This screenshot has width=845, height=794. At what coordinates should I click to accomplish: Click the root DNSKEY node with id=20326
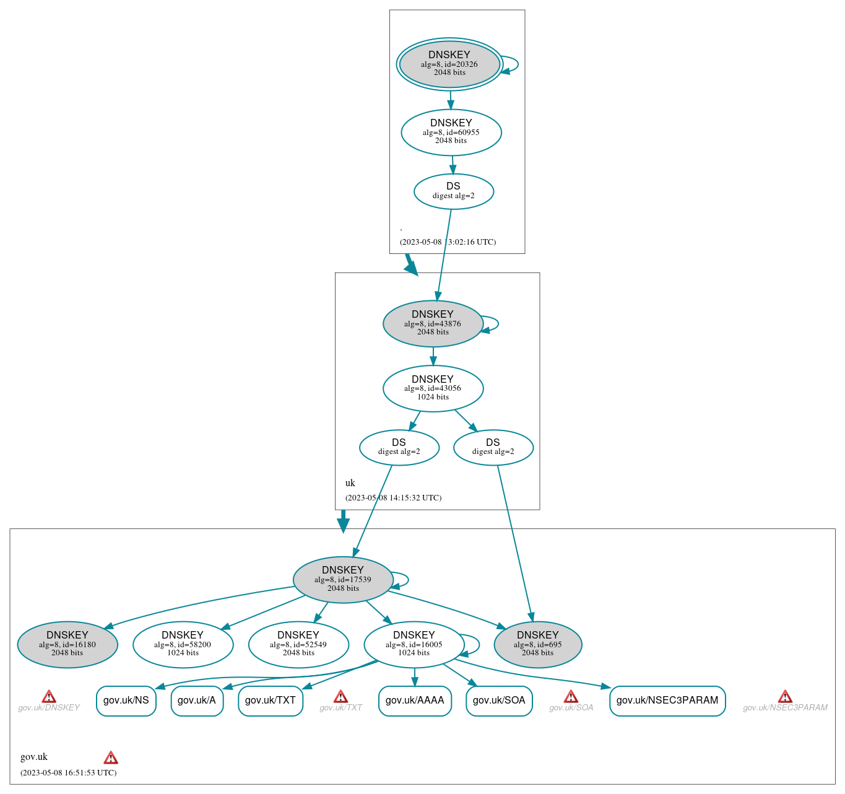point(449,64)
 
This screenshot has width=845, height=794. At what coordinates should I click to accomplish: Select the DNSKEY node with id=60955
point(451,132)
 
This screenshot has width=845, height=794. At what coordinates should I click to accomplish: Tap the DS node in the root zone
point(453,191)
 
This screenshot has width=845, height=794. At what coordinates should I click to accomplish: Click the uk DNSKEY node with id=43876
point(433,323)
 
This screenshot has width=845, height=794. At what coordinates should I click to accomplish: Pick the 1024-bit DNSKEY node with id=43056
point(433,388)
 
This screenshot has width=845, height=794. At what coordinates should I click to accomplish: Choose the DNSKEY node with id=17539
point(343,580)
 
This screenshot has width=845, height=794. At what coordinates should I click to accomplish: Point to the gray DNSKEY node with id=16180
point(67,644)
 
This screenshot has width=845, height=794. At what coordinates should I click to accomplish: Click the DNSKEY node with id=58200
point(183,644)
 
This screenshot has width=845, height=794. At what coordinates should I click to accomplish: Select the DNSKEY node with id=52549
point(298,644)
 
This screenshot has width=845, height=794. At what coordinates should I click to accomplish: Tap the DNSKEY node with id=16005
point(414,644)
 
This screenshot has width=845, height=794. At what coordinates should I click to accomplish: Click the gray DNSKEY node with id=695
point(537,644)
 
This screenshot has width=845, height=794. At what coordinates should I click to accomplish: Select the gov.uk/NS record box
point(126,700)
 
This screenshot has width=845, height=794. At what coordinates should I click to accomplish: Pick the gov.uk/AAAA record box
point(415,700)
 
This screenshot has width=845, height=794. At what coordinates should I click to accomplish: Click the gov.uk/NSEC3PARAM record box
point(667,700)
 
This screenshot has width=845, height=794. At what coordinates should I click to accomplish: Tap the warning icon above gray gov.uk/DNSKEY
point(49,697)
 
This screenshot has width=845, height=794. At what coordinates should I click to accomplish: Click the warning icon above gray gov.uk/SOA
point(571,697)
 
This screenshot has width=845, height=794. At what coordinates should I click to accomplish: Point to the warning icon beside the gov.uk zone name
point(111,757)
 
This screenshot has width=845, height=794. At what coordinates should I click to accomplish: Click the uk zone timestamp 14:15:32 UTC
point(393,498)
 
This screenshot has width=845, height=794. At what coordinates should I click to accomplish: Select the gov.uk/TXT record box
point(270,700)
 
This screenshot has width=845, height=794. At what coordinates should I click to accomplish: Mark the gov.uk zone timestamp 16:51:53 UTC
point(68,773)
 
